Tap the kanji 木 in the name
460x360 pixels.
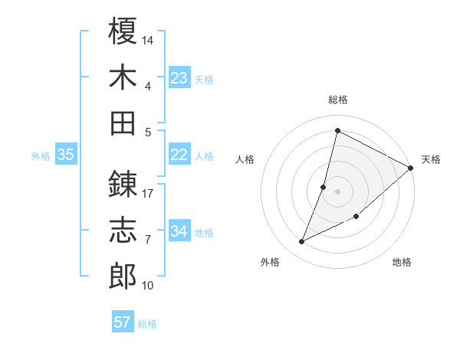coord(123,77)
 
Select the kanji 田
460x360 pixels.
coord(123,123)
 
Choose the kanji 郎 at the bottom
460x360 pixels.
coord(123,277)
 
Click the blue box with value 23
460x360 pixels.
coord(179,77)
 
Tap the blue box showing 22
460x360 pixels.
coord(179,155)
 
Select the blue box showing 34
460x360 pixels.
coord(179,231)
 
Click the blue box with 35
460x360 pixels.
coord(66,155)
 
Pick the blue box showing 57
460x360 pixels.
coord(123,322)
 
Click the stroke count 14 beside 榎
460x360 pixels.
coord(149,39)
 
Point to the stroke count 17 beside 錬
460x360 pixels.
coord(149,193)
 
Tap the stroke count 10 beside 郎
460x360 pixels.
coord(149,286)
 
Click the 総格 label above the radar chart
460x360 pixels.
coord(338,100)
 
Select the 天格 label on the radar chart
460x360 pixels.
coord(431,159)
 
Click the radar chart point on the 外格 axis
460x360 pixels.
coord(302,242)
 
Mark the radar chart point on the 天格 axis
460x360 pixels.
coord(411,168)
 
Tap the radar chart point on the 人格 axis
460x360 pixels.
coord(324,187)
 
